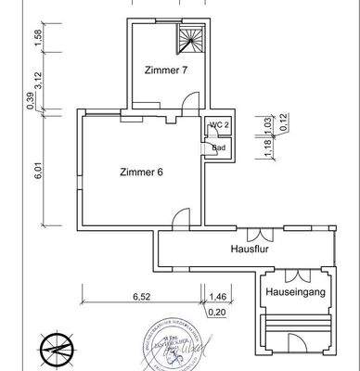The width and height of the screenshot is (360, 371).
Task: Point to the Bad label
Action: [x=219, y=147]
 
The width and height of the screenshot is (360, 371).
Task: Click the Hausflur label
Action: [x=249, y=249]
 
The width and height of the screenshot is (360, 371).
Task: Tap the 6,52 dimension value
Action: [x=142, y=297]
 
